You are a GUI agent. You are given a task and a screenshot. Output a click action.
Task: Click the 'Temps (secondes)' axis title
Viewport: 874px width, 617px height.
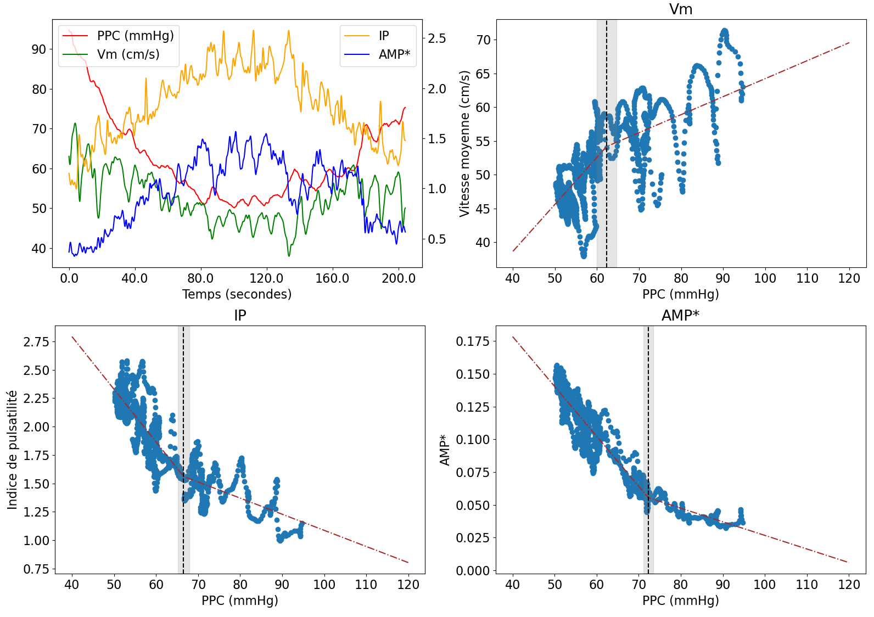coord(237,294)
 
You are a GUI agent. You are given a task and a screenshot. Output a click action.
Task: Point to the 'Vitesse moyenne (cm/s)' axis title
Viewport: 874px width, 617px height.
coord(465,144)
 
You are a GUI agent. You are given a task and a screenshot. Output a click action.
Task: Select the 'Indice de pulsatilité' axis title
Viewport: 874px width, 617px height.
coord(12,450)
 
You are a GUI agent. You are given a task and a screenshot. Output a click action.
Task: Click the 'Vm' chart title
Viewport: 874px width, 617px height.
coord(681,9)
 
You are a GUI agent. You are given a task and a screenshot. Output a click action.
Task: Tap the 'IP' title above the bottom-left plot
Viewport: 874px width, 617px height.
coord(240,316)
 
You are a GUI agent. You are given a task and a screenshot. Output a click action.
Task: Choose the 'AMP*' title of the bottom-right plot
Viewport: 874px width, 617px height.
coord(681,316)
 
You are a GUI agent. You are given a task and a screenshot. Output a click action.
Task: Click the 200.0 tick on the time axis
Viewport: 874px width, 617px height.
coord(399,278)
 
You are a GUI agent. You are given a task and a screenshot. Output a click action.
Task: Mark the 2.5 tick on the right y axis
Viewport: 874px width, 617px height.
coord(437,38)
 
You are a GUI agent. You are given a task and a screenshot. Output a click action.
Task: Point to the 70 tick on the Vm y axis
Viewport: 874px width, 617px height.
coord(484,40)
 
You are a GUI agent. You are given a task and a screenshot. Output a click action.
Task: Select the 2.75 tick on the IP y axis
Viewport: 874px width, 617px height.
coord(36,342)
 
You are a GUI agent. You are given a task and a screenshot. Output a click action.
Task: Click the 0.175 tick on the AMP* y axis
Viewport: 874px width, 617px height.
coord(473,341)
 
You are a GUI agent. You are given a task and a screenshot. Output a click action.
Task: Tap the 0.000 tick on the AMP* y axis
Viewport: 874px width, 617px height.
coord(473,571)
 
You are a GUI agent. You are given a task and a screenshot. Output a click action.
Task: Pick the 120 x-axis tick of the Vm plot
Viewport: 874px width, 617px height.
coord(849,278)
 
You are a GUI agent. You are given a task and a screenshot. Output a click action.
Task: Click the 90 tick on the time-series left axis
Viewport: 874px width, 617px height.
coord(39,49)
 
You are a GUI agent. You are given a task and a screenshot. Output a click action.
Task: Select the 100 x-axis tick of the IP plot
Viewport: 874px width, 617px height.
coord(324,585)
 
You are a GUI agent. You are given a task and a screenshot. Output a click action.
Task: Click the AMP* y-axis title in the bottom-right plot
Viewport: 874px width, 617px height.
coord(445,450)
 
